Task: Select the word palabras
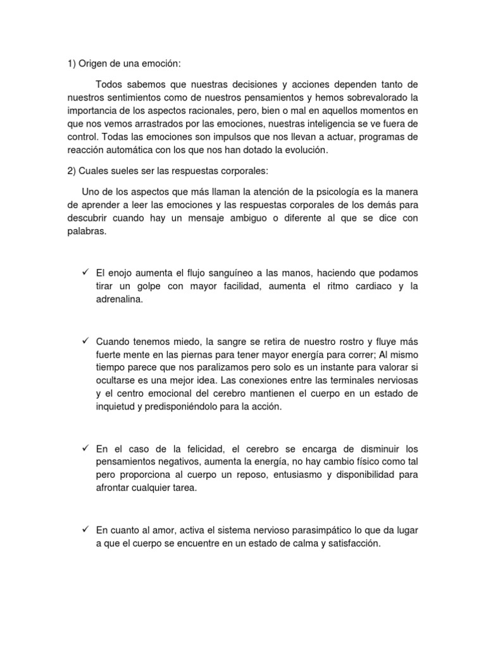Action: click(x=87, y=232)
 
